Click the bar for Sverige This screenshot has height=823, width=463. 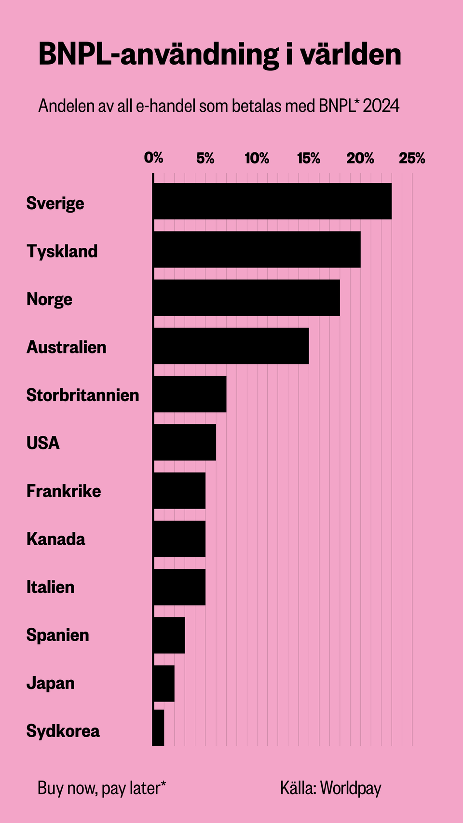[x=272, y=201]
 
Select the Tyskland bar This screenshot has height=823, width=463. [x=257, y=249]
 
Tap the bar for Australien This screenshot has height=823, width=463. [x=231, y=346]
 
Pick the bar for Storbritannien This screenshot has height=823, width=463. [x=190, y=394]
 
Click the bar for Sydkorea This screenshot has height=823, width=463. [x=159, y=728]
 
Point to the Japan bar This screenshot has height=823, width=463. [x=163, y=683]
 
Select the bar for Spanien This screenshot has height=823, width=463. [x=169, y=635]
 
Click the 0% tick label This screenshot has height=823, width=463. [x=154, y=158]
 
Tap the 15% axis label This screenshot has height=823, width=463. [x=309, y=158]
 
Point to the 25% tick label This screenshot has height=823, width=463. [x=412, y=158]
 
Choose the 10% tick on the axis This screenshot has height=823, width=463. [x=257, y=158]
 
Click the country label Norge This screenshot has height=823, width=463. [x=49, y=299]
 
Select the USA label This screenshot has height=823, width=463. [x=43, y=443]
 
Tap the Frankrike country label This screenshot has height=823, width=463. [x=64, y=491]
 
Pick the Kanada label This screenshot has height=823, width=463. [x=55, y=539]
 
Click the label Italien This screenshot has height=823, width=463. [x=50, y=587]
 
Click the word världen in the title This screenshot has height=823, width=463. [x=351, y=54]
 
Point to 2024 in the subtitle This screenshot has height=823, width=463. [x=381, y=106]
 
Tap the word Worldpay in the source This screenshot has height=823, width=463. [x=351, y=788]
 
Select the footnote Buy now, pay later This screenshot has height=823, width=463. [x=102, y=788]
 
